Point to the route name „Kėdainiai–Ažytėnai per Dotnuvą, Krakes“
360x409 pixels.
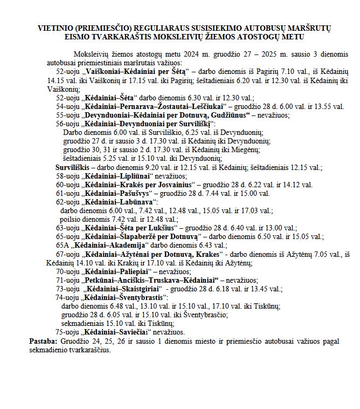(x=151, y=254)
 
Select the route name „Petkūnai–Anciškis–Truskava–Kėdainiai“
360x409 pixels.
(x=149, y=280)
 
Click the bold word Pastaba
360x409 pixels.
(x=43, y=341)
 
